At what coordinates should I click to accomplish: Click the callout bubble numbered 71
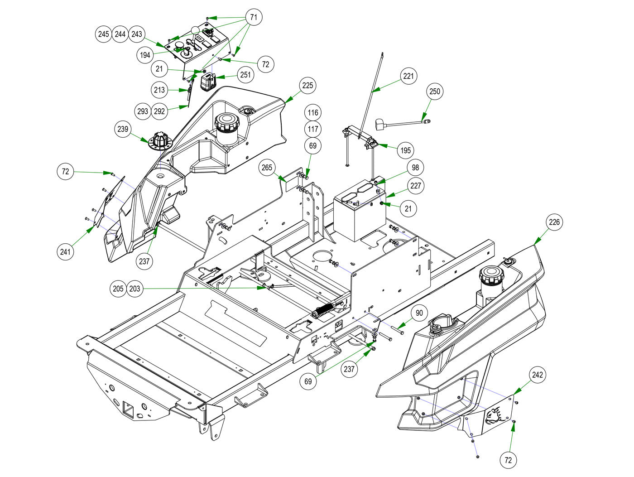tap(254, 18)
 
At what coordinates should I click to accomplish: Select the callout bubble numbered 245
tap(104, 34)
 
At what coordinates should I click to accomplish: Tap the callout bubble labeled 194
tap(145, 55)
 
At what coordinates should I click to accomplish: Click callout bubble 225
tap(307, 86)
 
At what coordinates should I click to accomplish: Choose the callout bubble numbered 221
tap(408, 76)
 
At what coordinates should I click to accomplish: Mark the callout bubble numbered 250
tap(434, 91)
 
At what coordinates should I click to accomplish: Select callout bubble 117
tap(313, 129)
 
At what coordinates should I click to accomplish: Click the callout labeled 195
tap(405, 150)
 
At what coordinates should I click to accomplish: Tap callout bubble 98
tap(415, 168)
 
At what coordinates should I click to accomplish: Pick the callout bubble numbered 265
tap(267, 168)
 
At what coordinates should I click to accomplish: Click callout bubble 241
tap(66, 251)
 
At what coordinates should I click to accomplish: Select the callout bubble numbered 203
tap(135, 289)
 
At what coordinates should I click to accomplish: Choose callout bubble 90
tap(419, 313)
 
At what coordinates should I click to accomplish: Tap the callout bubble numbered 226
tap(554, 222)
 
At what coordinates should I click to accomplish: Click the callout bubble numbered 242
tap(538, 375)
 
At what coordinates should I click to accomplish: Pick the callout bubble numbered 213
tap(159, 90)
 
